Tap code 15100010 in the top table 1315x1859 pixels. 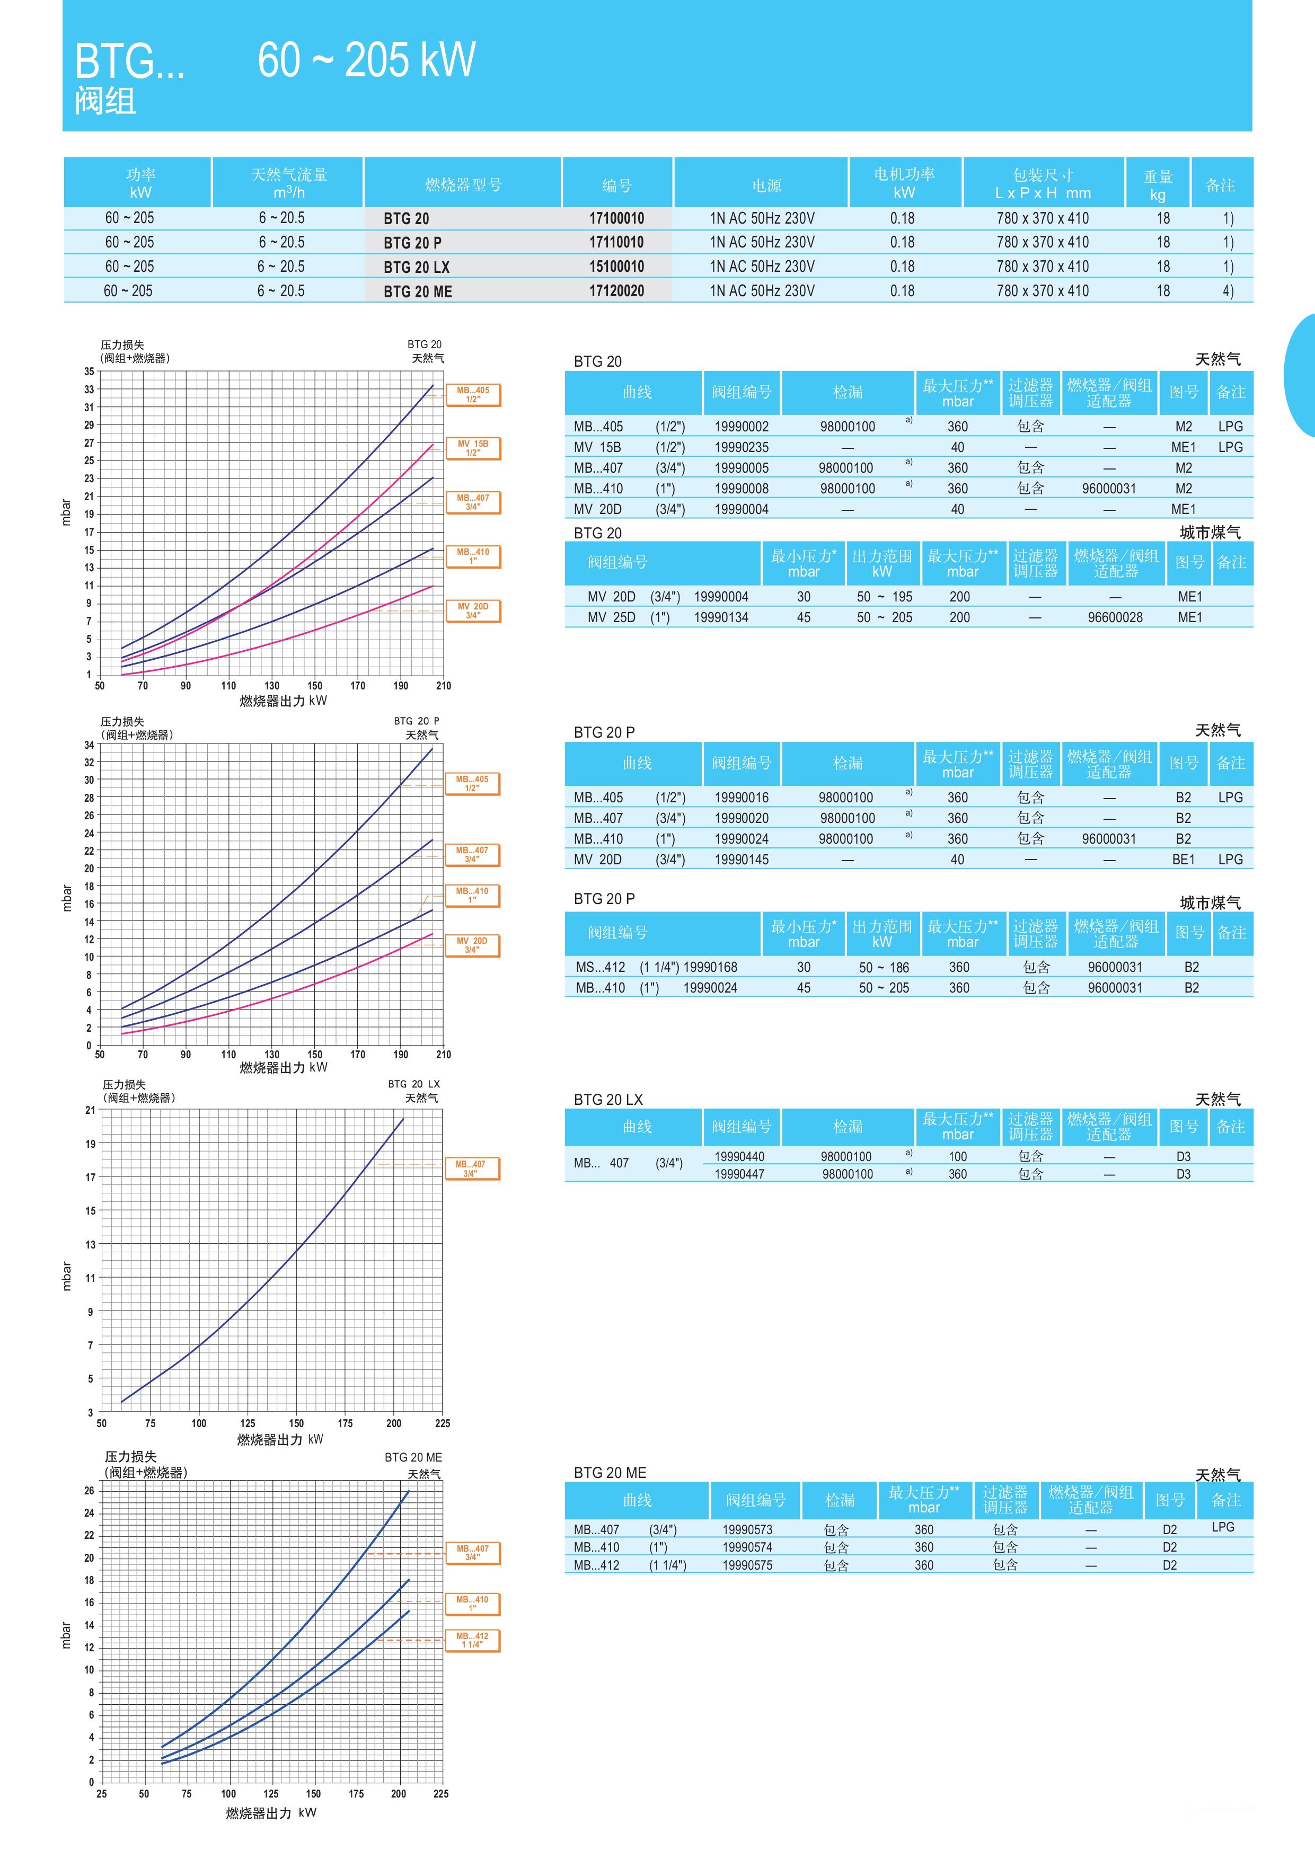616,267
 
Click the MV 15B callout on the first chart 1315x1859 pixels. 473,448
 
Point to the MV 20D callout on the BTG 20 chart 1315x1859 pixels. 473,610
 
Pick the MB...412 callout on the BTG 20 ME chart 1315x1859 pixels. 472,1640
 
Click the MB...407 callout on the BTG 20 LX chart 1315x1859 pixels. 471,1168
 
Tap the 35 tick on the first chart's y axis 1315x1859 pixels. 89,371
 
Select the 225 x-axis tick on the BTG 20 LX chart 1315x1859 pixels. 442,1423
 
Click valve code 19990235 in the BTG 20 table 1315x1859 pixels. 741,447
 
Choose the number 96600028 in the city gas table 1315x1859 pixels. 1115,617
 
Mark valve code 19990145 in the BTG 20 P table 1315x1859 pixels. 741,859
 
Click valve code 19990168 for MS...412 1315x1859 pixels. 710,967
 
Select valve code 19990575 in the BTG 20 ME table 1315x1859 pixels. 747,1565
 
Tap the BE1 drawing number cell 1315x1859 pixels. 1183,859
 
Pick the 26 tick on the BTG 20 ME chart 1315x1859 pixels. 89,1491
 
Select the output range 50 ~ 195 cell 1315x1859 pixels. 884,597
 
